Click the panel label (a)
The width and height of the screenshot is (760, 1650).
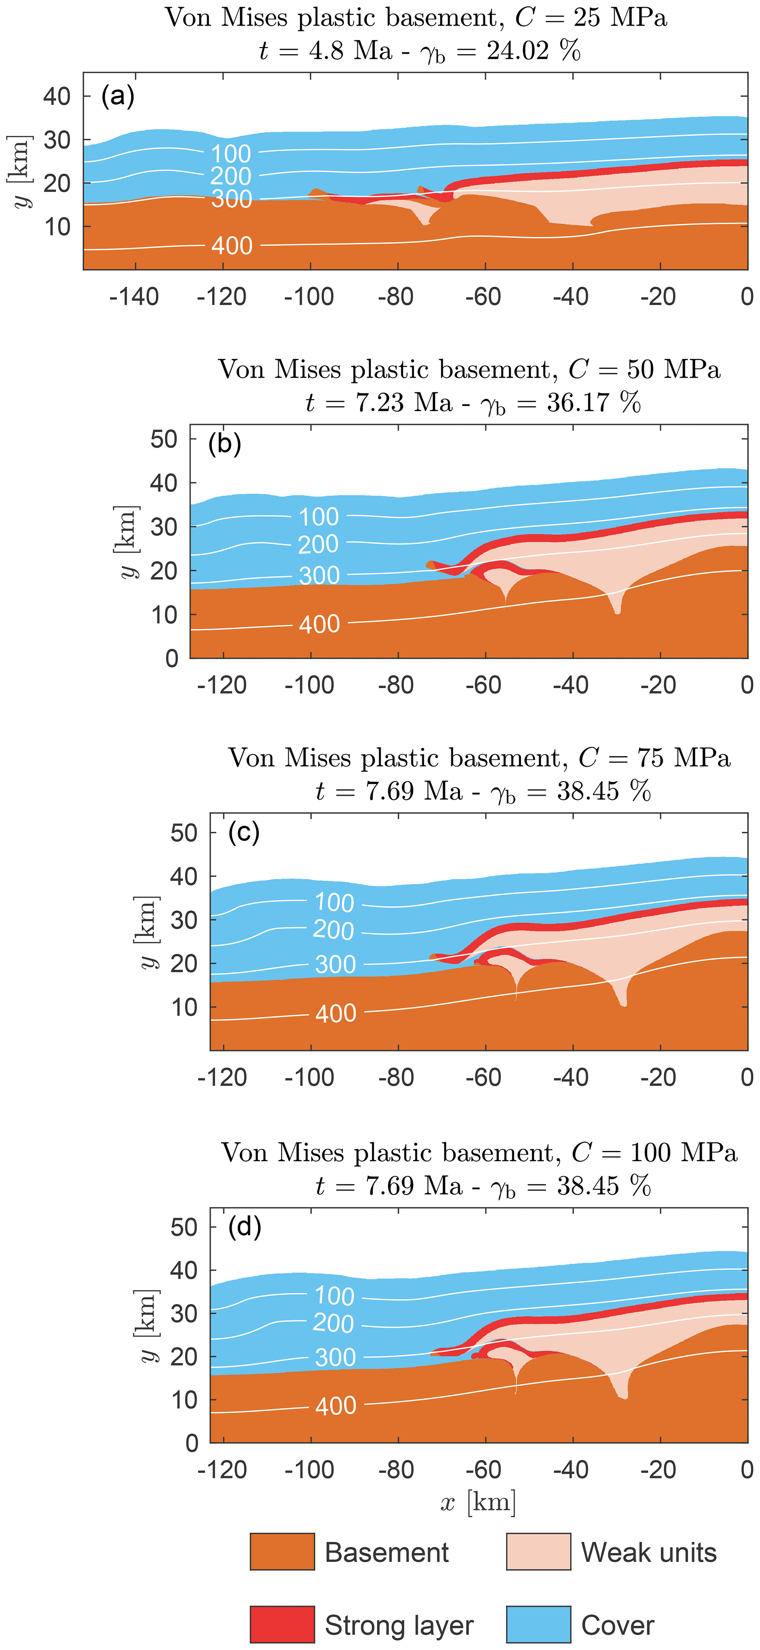coord(118,97)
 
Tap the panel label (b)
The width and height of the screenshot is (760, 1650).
coord(225,444)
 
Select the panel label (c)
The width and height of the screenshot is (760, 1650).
coord(244,833)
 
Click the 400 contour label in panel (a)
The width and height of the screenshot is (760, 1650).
coord(232,246)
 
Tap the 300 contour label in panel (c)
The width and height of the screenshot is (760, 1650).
coord(335,964)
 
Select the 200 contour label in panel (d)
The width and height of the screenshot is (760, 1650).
coord(333,1323)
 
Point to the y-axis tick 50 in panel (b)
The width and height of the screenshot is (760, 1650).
coord(164,439)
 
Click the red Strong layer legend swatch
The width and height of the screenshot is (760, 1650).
coord(282,1624)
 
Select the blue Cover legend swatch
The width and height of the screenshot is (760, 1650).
coord(538,1624)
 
